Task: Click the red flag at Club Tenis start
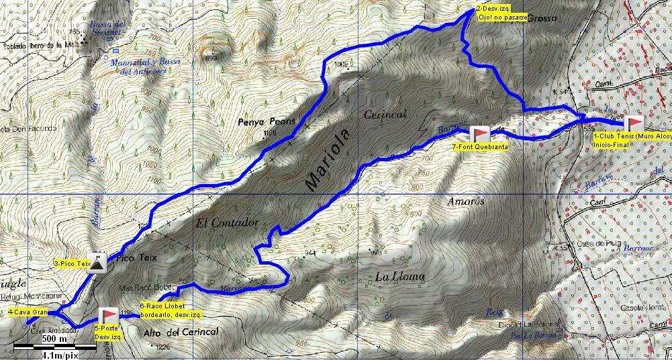[x=634, y=124]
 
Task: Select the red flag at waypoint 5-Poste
[x=108, y=316]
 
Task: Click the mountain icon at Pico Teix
[x=99, y=263]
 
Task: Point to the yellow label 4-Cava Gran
[x=28, y=312]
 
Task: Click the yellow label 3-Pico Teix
[x=72, y=264]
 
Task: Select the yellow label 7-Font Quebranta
[x=480, y=146]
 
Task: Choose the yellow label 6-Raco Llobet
[x=162, y=306]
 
